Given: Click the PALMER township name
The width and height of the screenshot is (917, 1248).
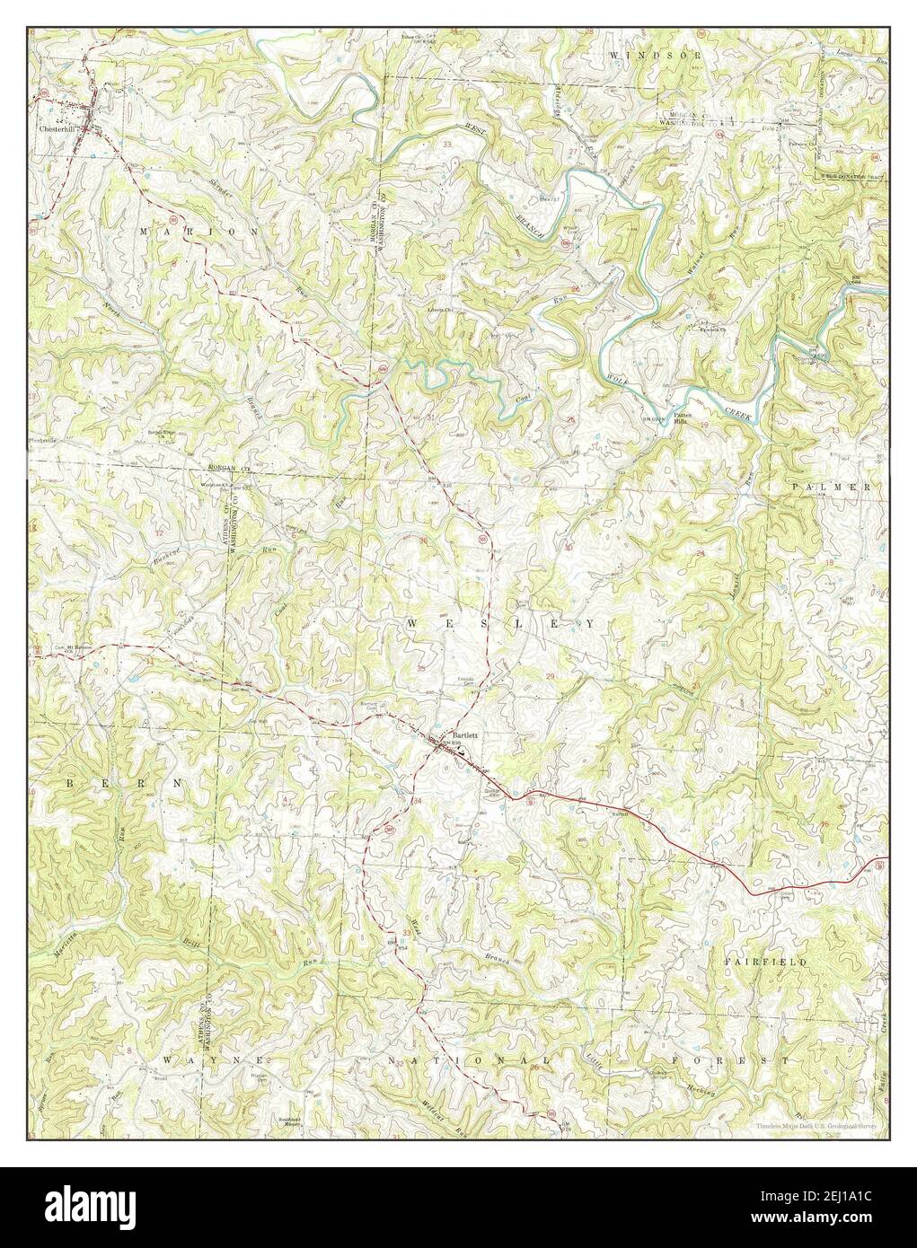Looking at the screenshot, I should pyautogui.click(x=832, y=486).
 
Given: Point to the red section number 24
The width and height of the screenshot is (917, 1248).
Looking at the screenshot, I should pyautogui.click(x=700, y=553).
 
